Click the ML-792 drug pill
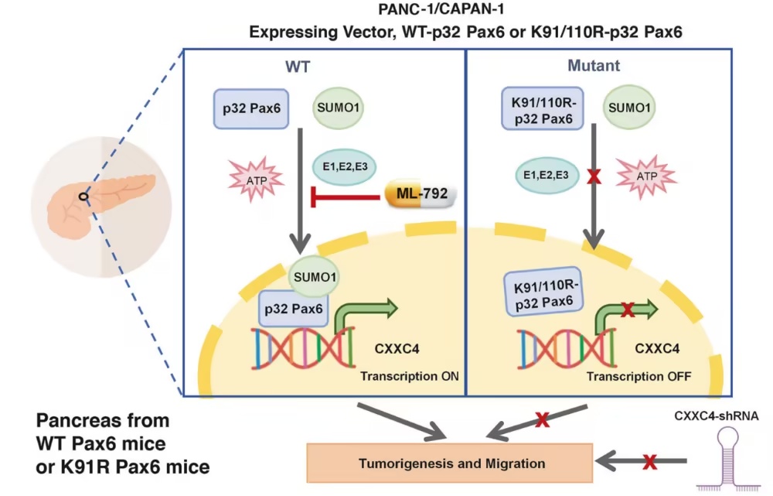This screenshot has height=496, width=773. click(x=421, y=193)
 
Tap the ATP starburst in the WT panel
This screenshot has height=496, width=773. click(x=256, y=180)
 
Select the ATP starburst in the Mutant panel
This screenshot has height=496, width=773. click(x=645, y=176)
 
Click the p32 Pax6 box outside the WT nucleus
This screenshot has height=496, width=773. click(x=251, y=108)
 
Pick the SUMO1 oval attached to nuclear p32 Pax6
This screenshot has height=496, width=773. click(x=314, y=276)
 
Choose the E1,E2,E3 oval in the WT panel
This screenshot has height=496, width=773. click(x=345, y=167)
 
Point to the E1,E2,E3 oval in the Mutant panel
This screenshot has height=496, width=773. click(x=547, y=175)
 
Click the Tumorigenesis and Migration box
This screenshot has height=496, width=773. click(x=450, y=463)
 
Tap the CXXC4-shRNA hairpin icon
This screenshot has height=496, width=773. click(x=729, y=459)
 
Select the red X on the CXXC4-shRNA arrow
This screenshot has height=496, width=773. click(x=650, y=462)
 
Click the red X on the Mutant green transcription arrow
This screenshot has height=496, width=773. click(x=628, y=310)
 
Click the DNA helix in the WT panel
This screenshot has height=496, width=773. click(x=304, y=348)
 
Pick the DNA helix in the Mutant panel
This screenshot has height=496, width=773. click(x=567, y=348)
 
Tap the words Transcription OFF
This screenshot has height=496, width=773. click(x=638, y=377)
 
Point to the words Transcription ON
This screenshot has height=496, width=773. click(x=409, y=376)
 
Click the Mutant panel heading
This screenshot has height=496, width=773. click(x=594, y=66)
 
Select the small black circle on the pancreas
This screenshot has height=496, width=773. click(x=83, y=197)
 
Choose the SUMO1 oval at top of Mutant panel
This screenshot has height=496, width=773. click(x=629, y=108)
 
